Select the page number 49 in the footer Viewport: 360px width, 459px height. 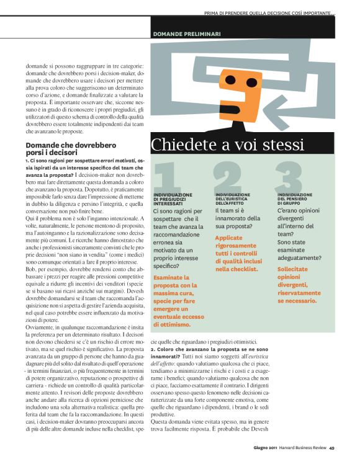coord(332,448)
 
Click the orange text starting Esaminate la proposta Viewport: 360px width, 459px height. coord(180,301)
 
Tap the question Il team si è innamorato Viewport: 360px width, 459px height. coord(238,219)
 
